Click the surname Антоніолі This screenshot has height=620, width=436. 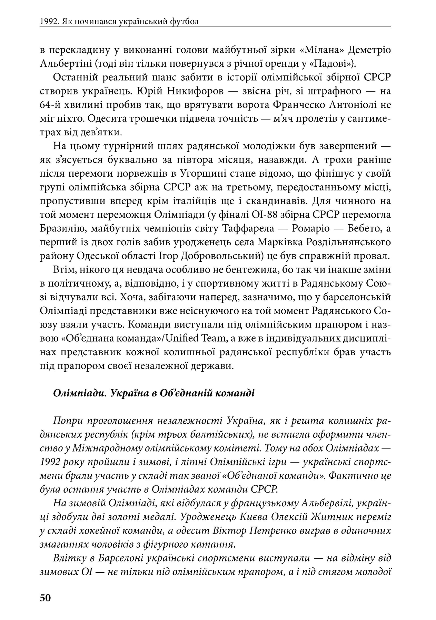353,105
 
